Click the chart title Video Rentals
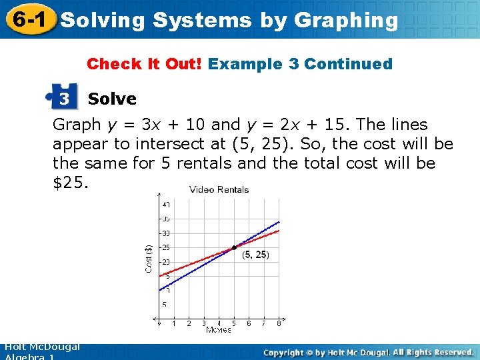[219, 189]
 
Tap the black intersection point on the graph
[234, 248]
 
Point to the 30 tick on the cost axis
[165, 233]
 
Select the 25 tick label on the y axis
[165, 248]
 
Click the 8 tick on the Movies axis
[279, 323]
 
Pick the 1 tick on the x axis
[174, 323]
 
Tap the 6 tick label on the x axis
[249, 323]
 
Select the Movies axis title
[219, 330]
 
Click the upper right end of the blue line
[279, 221]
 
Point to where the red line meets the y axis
[159, 274]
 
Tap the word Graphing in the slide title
[345, 21]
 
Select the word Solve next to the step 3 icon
[112, 99]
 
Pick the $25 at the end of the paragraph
[67, 182]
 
